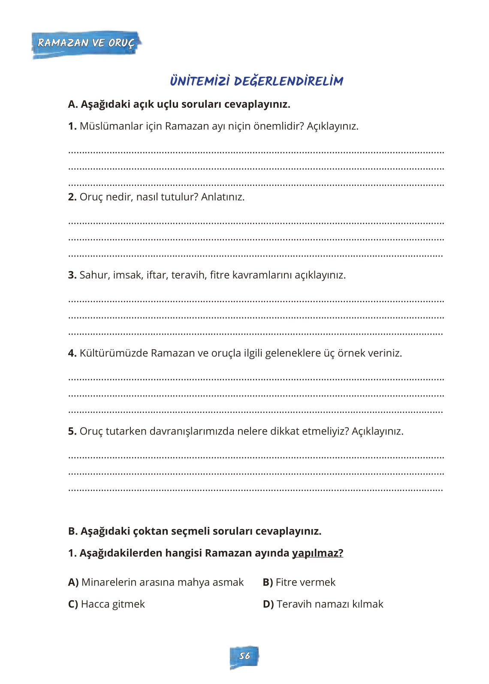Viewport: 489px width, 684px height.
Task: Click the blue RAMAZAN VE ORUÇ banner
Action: click(x=86, y=43)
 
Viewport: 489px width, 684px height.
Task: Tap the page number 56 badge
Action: click(x=244, y=656)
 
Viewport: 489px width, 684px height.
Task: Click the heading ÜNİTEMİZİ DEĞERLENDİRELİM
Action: click(x=257, y=81)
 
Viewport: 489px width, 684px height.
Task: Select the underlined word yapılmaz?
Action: click(x=317, y=553)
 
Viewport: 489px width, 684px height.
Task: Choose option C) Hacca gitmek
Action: click(x=106, y=604)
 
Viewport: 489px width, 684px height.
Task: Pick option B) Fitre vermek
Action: click(x=299, y=582)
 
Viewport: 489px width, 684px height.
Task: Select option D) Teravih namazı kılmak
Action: click(x=323, y=604)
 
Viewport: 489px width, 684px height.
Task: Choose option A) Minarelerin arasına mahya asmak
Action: click(x=156, y=582)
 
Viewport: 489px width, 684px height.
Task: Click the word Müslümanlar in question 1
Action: click(x=105, y=126)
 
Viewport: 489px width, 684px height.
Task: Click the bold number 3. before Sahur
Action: click(x=72, y=275)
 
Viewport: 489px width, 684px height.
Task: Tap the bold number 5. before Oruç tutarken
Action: click(x=72, y=431)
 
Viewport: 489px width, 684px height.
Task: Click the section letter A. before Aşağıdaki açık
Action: click(x=73, y=104)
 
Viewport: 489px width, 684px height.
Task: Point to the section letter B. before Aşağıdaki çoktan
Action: click(x=73, y=531)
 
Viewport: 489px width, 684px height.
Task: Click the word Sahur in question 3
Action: click(x=94, y=275)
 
